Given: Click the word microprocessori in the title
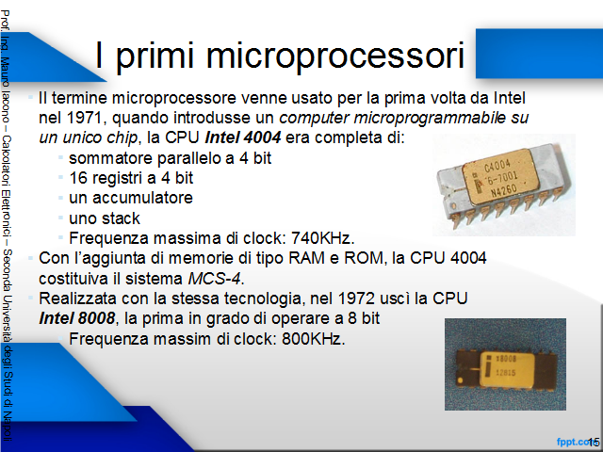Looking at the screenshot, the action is point(335,56).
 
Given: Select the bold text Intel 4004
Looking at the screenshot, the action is point(243,137).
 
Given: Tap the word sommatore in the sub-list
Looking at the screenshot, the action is point(111,158).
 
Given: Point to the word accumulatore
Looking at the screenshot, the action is point(142,198).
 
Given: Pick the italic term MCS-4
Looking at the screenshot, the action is point(216,279).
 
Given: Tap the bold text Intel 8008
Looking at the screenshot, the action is point(77,318).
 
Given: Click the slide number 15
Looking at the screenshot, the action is point(595,442).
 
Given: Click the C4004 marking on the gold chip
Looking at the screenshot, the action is point(498,167).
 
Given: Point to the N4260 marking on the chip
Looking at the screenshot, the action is point(504,189).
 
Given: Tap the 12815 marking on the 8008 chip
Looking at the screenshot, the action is point(506,373).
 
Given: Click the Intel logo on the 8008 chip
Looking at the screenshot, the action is point(488,366).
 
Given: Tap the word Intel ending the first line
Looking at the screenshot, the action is point(510,98).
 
